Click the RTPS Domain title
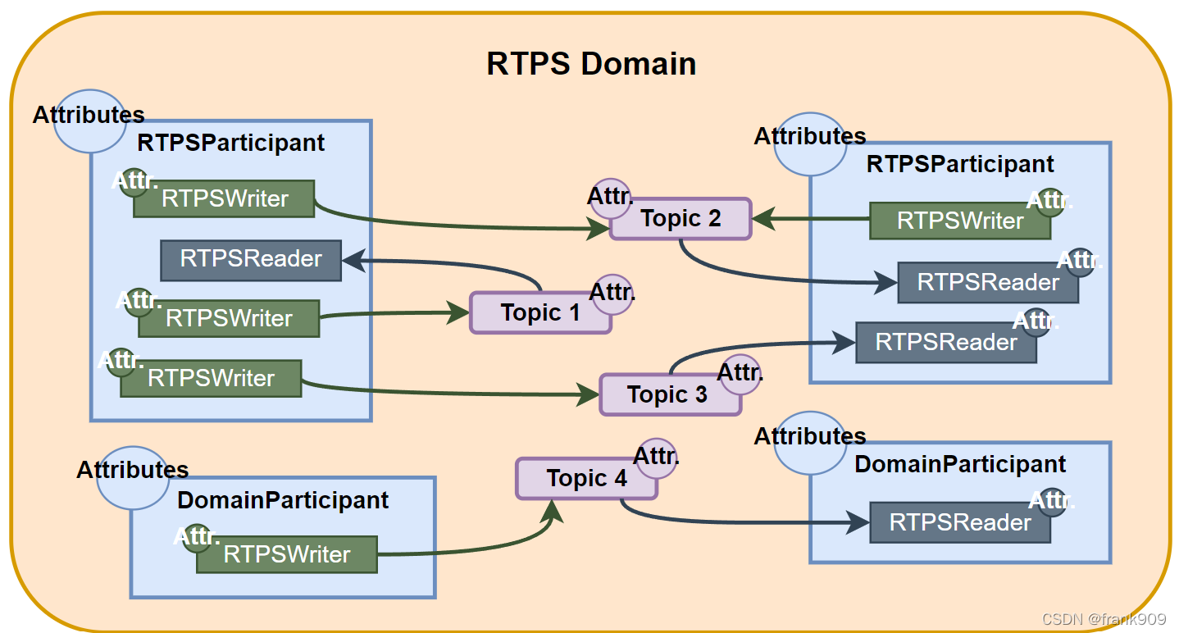coord(591,64)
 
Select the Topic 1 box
coord(540,312)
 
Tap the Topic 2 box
coord(681,218)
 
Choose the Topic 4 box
coord(586,478)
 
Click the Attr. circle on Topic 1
coord(612,294)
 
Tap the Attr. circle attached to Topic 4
coord(658,456)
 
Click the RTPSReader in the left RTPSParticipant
coord(251,260)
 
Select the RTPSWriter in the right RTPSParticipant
coord(959,221)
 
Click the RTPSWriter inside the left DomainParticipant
coord(287,555)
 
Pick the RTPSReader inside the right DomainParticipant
coord(960,522)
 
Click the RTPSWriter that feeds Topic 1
coord(229,318)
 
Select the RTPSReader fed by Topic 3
coord(946,343)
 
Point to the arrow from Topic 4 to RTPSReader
coord(738,521)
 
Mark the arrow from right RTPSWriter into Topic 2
coord(812,219)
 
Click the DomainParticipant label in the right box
coord(960,464)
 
